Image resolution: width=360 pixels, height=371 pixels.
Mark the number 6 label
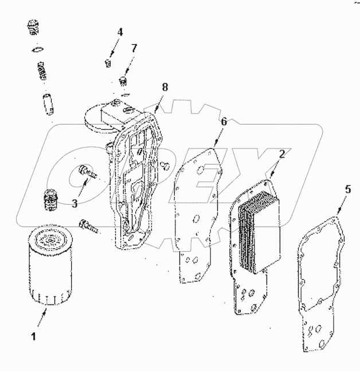[224, 122]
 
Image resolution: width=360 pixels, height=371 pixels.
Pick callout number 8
[165, 87]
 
